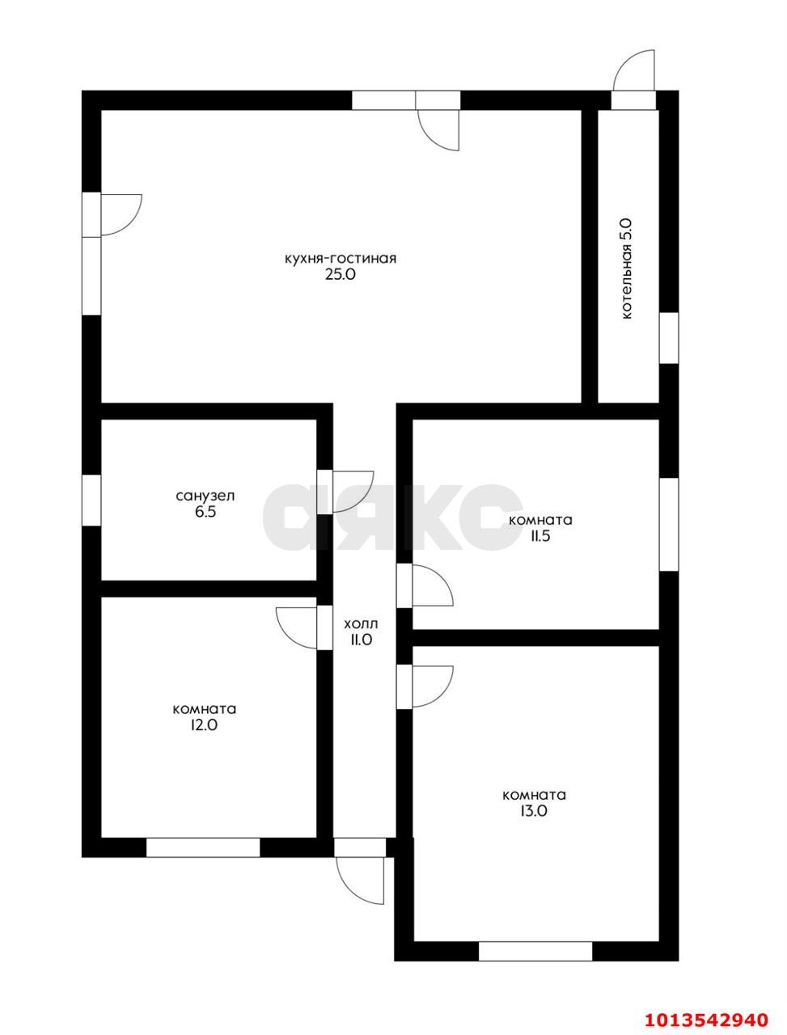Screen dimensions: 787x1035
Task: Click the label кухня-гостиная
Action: pyautogui.click(x=340, y=259)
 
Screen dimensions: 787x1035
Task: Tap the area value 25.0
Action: pyautogui.click(x=340, y=275)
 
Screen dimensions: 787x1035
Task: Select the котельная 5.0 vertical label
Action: pyautogui.click(x=627, y=269)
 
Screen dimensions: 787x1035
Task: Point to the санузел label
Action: pyautogui.click(x=205, y=496)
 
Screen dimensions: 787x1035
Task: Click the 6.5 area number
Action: pyautogui.click(x=205, y=512)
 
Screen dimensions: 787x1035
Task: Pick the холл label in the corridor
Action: pyautogui.click(x=362, y=624)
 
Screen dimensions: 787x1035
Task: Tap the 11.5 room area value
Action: pyautogui.click(x=540, y=537)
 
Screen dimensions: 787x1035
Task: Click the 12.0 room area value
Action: pyautogui.click(x=204, y=725)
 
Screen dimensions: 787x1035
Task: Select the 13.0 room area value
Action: pyautogui.click(x=535, y=811)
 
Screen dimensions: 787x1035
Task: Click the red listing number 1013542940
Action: pyautogui.click(x=706, y=1016)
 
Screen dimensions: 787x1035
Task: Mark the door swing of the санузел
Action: pyautogui.click(x=352, y=492)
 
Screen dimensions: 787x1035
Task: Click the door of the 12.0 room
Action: pyautogui.click(x=297, y=627)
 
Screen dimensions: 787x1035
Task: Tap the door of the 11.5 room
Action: pyautogui.click(x=433, y=585)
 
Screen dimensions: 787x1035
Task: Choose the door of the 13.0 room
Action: pyautogui.click(x=433, y=686)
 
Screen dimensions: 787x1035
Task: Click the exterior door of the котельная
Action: pyautogui.click(x=633, y=70)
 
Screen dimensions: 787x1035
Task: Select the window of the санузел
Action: pyautogui.click(x=91, y=501)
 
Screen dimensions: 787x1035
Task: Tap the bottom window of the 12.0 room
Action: pyautogui.click(x=203, y=847)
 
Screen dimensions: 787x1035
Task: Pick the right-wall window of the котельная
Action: pyautogui.click(x=669, y=338)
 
